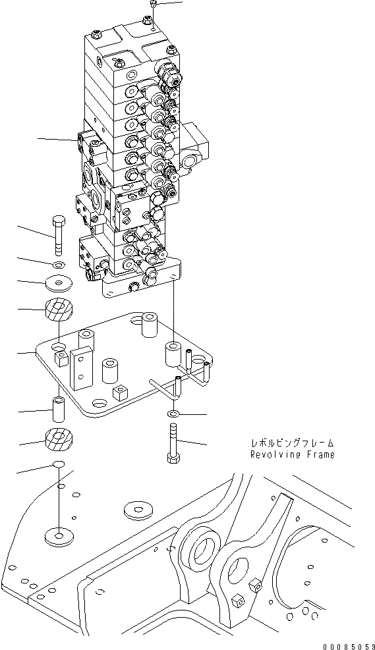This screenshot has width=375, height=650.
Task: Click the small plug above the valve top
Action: point(153,5)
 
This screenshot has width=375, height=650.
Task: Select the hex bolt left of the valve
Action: point(58,234)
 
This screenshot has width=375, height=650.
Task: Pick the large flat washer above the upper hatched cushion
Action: point(59,283)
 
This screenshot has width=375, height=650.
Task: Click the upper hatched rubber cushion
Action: point(59,310)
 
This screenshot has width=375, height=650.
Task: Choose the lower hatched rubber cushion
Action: point(59,439)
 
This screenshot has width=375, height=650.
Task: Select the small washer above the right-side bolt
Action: point(172,414)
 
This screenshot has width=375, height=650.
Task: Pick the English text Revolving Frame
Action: point(291,454)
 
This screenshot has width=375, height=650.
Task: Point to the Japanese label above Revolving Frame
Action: point(291,443)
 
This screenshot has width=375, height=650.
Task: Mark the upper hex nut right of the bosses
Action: point(254,582)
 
